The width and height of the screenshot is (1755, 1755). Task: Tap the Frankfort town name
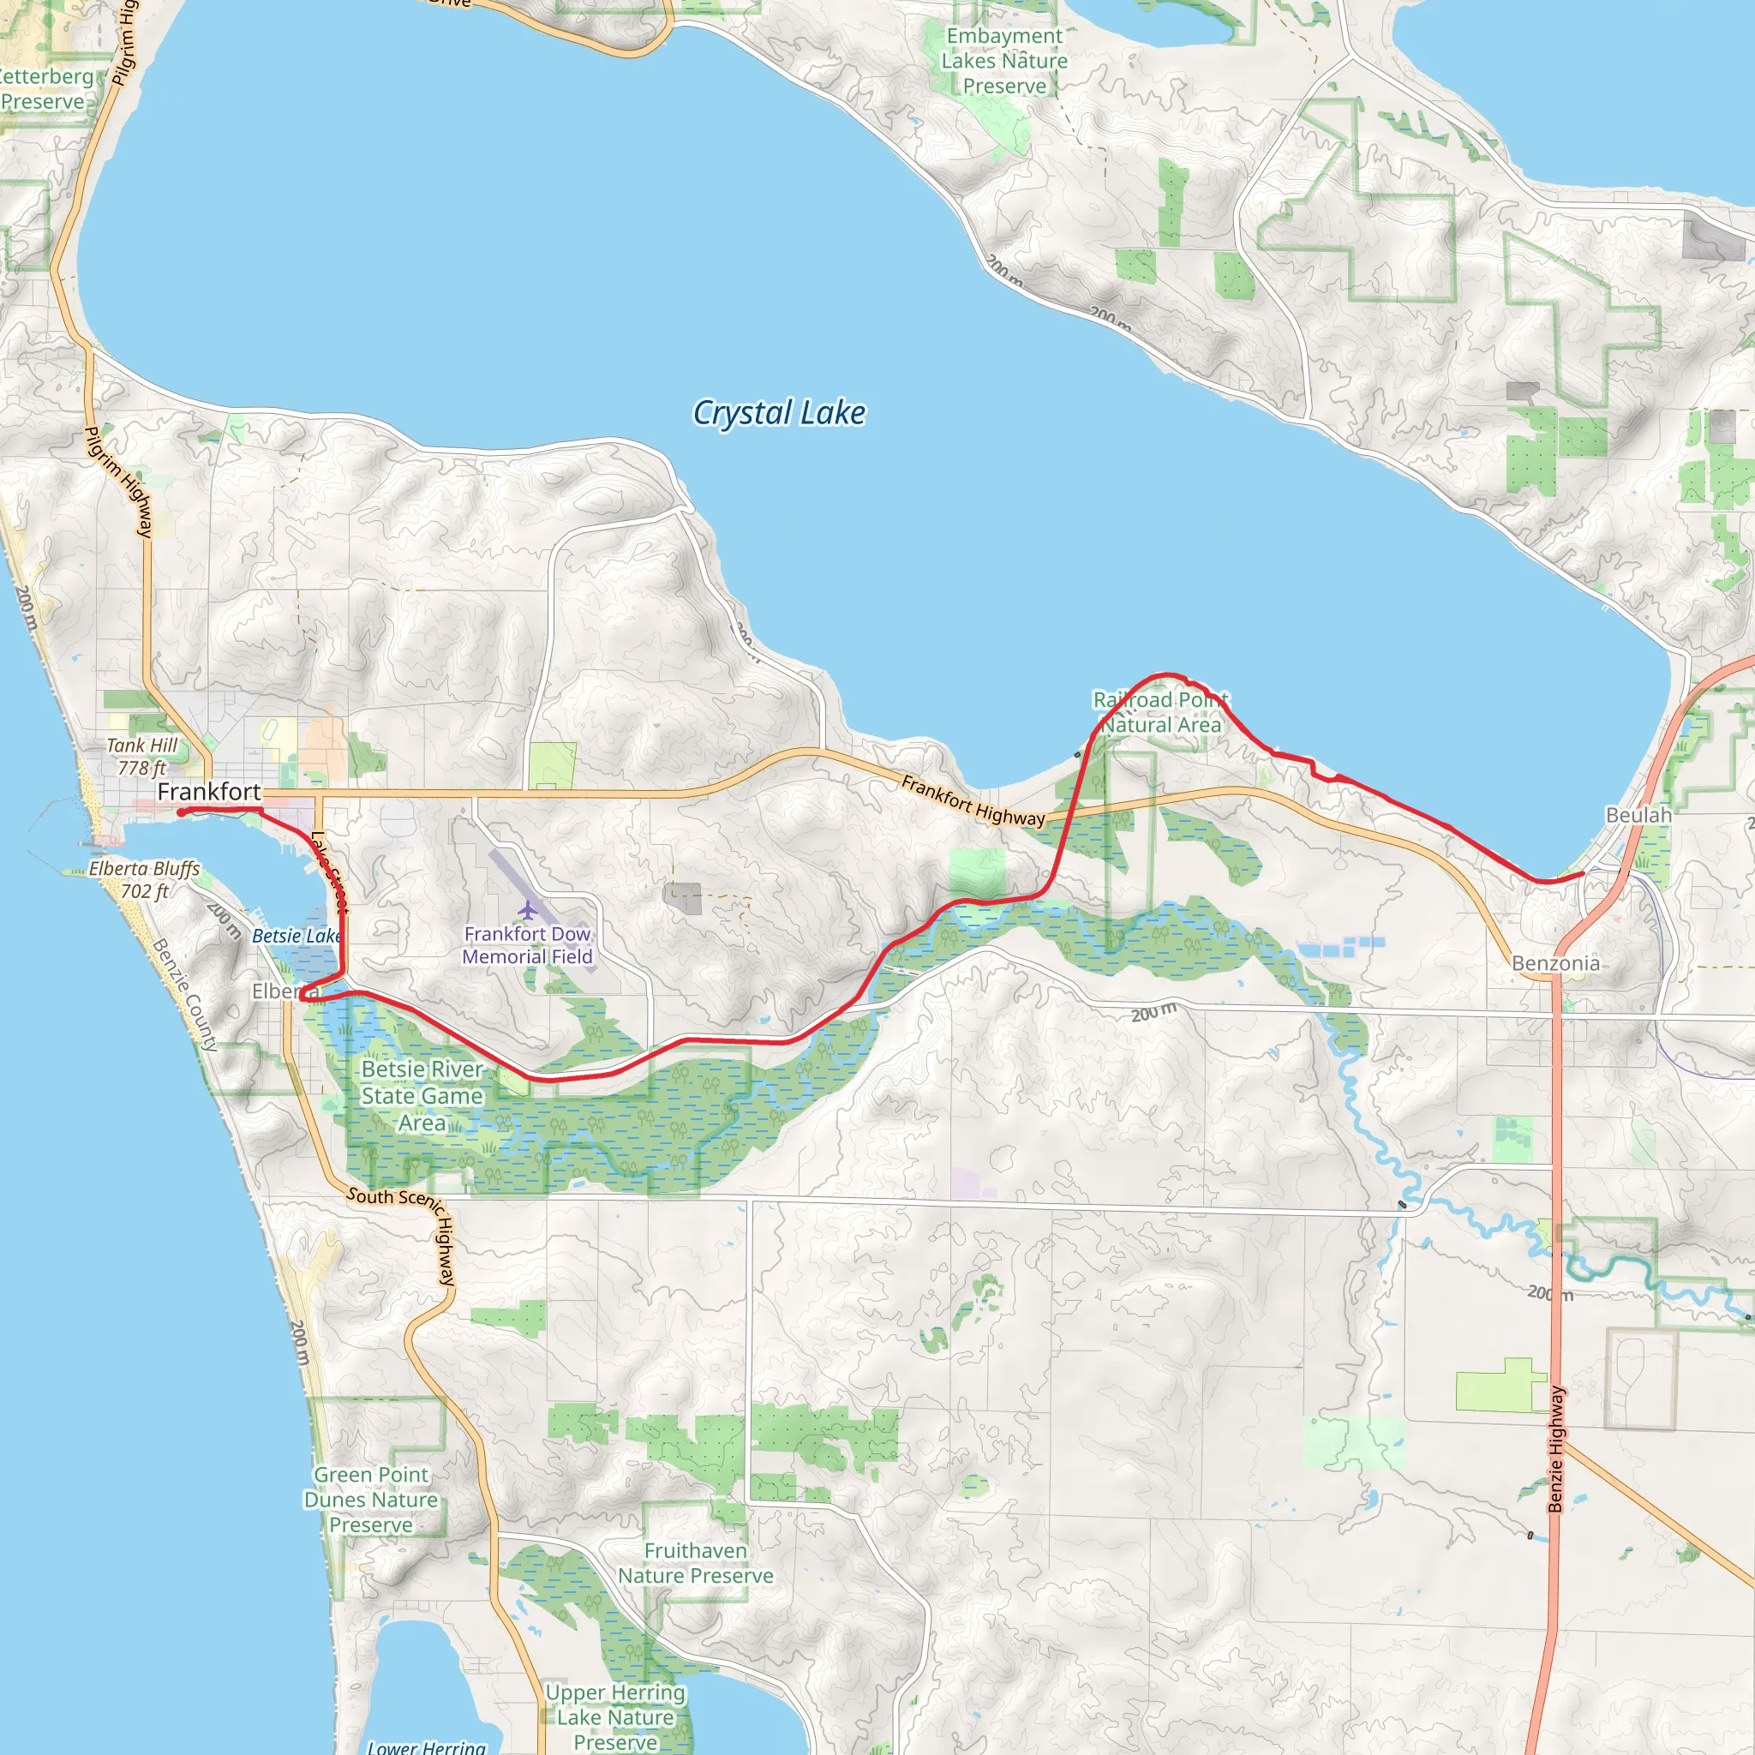click(x=209, y=791)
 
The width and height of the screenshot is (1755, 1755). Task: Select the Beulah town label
click(x=1638, y=815)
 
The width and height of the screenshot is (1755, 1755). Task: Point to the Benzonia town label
click(x=1555, y=963)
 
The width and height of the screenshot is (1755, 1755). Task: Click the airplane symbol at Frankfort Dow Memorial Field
click(x=528, y=909)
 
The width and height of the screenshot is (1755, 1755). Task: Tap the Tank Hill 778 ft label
click(x=141, y=757)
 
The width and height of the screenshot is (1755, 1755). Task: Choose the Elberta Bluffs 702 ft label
click(x=145, y=879)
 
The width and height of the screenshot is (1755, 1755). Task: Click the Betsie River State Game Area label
click(x=422, y=1095)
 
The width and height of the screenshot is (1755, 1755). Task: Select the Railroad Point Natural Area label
click(x=1160, y=712)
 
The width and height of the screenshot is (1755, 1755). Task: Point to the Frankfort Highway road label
click(x=973, y=801)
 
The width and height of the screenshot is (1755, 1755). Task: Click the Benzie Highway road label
click(x=1556, y=1449)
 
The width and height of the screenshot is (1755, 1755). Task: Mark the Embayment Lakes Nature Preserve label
click(x=1003, y=61)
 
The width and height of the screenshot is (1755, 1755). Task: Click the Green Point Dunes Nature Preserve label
click(x=370, y=1499)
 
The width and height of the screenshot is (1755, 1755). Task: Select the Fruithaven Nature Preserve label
click(x=696, y=1562)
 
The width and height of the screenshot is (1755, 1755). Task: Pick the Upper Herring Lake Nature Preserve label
click(x=615, y=1716)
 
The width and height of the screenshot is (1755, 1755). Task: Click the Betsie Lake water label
click(x=296, y=936)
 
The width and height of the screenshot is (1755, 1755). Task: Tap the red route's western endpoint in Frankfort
click(x=182, y=812)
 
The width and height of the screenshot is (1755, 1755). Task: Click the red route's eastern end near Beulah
click(x=1584, y=873)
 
